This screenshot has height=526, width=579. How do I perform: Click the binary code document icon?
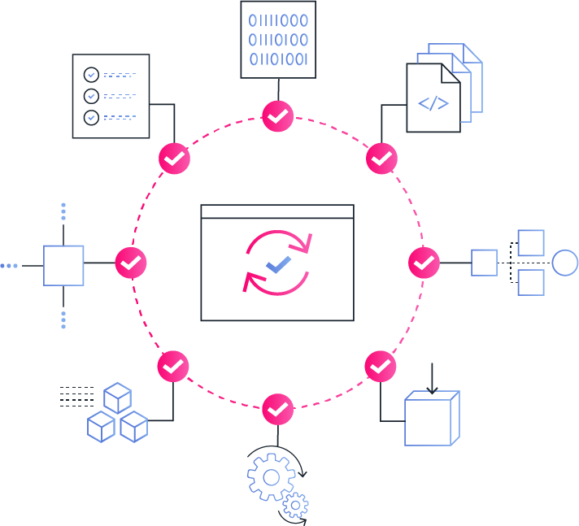click(278, 39)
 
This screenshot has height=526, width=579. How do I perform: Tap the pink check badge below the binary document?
click(278, 117)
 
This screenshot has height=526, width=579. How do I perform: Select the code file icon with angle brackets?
click(433, 98)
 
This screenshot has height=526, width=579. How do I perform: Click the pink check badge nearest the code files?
click(381, 159)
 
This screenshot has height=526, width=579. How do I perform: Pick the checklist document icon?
click(111, 96)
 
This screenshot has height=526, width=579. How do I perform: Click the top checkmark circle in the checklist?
click(92, 75)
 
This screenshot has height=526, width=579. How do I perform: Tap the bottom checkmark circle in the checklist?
click(92, 117)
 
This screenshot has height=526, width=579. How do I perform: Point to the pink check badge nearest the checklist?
click(174, 159)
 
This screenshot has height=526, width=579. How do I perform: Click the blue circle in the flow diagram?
click(564, 263)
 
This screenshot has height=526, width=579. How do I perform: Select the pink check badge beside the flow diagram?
click(423, 263)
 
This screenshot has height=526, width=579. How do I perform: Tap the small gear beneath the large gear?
click(294, 506)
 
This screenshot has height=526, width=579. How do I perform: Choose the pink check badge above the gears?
click(278, 408)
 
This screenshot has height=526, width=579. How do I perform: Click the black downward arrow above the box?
click(432, 380)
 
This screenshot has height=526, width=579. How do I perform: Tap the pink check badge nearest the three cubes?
click(173, 367)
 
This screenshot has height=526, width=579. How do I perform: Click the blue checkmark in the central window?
click(278, 262)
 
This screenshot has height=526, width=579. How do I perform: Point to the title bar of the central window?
click(277, 212)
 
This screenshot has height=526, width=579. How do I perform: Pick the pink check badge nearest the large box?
click(380, 367)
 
